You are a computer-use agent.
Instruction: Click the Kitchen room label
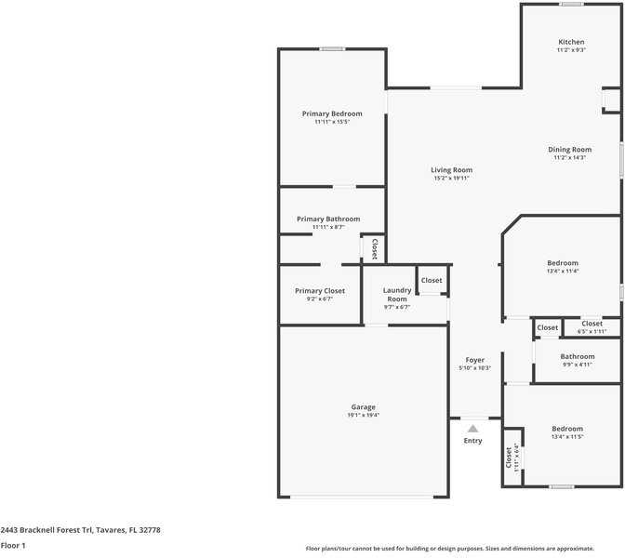(x=571, y=42)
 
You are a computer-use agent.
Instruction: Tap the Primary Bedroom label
(x=332, y=113)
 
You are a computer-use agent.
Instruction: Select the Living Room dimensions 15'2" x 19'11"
(x=451, y=179)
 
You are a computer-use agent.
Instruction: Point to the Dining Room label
(x=569, y=150)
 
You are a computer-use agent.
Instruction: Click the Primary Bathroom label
(x=328, y=219)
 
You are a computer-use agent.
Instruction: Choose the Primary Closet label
(x=320, y=291)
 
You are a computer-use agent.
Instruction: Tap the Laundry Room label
(x=397, y=295)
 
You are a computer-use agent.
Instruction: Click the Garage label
(x=363, y=407)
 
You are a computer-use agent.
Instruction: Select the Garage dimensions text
(x=363, y=415)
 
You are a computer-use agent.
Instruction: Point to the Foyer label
(x=474, y=360)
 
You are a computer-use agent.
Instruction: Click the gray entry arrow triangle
(x=472, y=429)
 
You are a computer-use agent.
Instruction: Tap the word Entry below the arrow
(x=472, y=441)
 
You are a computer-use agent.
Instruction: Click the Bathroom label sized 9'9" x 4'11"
(x=578, y=356)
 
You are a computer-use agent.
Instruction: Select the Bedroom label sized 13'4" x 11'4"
(x=563, y=263)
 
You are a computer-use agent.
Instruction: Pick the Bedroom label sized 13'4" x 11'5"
(x=567, y=429)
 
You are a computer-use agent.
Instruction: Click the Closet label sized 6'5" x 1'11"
(x=592, y=324)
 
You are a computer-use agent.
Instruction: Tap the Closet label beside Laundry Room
(x=432, y=280)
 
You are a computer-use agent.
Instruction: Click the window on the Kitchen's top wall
(x=572, y=4)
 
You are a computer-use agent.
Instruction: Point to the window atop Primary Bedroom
(x=332, y=48)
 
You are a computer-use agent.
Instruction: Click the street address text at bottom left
(x=81, y=530)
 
